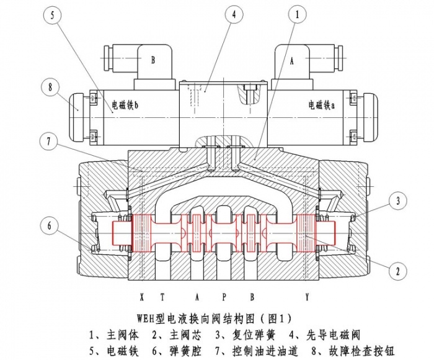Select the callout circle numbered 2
397,270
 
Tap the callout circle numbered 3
397,200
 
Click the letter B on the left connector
153,60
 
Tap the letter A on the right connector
291,60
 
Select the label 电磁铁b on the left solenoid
125,106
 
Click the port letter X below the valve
142,297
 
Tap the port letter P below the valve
224,297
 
